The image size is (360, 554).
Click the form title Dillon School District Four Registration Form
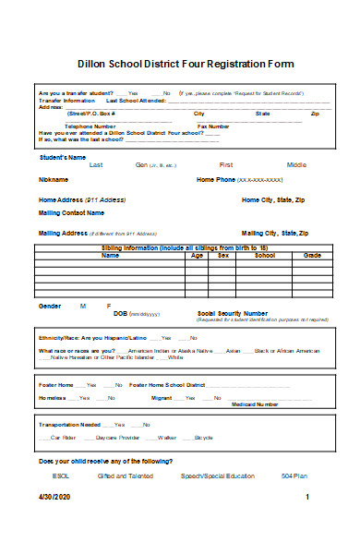pos(185,64)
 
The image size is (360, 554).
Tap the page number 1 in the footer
pos(306,496)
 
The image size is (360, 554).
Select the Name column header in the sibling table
pos(110,255)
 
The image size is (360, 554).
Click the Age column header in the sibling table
pos(196,255)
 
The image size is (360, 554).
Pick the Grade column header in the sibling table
pos(312,255)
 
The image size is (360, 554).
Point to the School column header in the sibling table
pos(265,255)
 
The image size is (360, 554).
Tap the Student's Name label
pos(62,157)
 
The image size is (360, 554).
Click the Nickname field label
pos(54,180)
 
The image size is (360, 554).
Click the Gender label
pos(50,305)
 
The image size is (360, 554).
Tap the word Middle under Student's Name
pos(296,164)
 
